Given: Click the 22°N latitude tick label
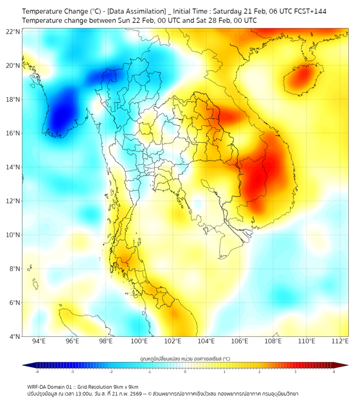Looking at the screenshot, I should pyautogui.click(x=13, y=32).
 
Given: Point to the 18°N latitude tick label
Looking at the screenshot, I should pyautogui.click(x=13, y=100).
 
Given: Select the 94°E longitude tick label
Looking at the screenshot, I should pyautogui.click(x=39, y=342).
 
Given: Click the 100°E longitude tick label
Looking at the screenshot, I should pyautogui.click(x=140, y=342).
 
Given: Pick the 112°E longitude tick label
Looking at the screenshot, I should pyautogui.click(x=340, y=342).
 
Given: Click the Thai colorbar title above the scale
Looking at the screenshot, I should pyautogui.click(x=185, y=358).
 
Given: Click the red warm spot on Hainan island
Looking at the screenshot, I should pyautogui.click(x=301, y=77).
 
